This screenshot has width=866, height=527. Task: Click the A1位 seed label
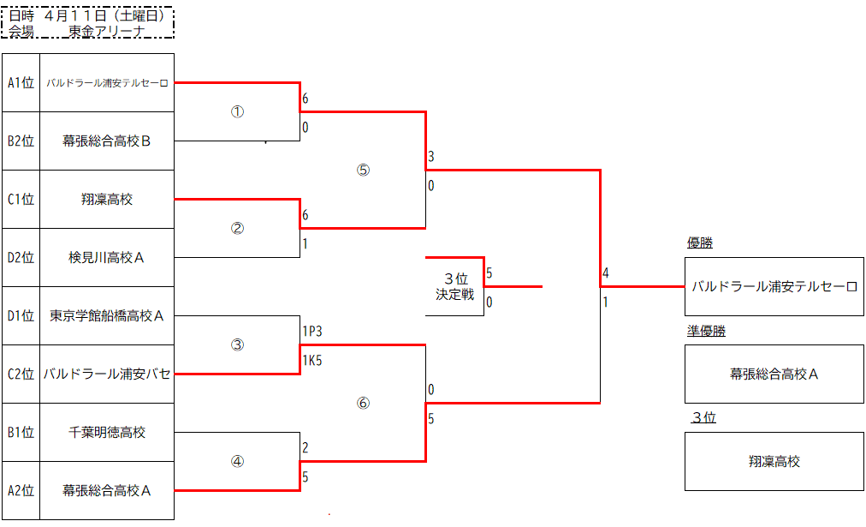(21, 83)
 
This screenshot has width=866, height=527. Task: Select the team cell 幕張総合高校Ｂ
(107, 141)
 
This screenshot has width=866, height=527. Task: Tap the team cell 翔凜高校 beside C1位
(107, 200)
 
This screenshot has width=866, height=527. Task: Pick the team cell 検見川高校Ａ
(107, 257)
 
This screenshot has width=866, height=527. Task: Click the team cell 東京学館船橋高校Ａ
(107, 315)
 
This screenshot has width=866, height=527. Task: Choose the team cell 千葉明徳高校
(107, 432)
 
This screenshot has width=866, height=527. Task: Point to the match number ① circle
(238, 112)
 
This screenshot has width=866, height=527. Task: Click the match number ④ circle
(238, 461)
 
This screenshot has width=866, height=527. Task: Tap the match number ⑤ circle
(363, 170)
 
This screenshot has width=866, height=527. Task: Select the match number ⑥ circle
(363, 403)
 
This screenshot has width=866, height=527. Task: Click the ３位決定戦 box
(454, 286)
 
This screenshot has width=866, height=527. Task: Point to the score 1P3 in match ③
(311, 331)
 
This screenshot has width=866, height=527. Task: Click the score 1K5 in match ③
(311, 361)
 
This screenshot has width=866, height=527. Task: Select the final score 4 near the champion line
(605, 274)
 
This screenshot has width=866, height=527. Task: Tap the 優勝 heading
(699, 243)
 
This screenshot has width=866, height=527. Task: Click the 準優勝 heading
(706, 331)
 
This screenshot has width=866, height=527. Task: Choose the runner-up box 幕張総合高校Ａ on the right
(774, 374)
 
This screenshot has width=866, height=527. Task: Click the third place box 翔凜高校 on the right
(774, 461)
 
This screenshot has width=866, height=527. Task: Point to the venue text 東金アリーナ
(106, 31)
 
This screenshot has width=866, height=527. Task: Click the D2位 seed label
(21, 257)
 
